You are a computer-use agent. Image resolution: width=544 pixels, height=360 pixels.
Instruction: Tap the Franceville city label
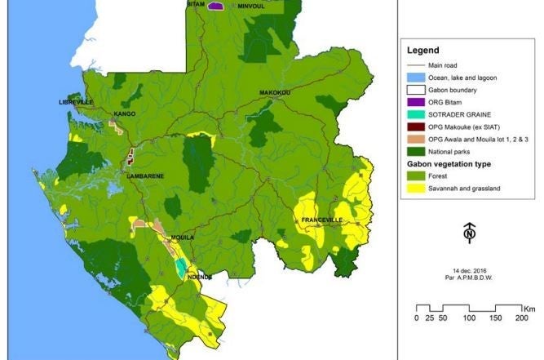click(322, 220)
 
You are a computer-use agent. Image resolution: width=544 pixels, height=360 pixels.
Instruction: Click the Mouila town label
click(180, 238)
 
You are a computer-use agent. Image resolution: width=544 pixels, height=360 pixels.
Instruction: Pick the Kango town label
click(125, 113)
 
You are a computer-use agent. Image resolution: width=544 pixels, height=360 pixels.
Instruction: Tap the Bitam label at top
click(196, 5)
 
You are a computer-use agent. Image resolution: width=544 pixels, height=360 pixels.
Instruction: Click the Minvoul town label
click(252, 6)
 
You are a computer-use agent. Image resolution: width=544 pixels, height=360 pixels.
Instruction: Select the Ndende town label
click(200, 277)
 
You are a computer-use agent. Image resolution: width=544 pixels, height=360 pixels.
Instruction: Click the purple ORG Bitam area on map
click(215, 6)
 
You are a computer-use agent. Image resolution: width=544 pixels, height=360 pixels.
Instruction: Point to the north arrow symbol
click(469, 233)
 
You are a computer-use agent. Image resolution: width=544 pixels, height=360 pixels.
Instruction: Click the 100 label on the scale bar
click(468, 318)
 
